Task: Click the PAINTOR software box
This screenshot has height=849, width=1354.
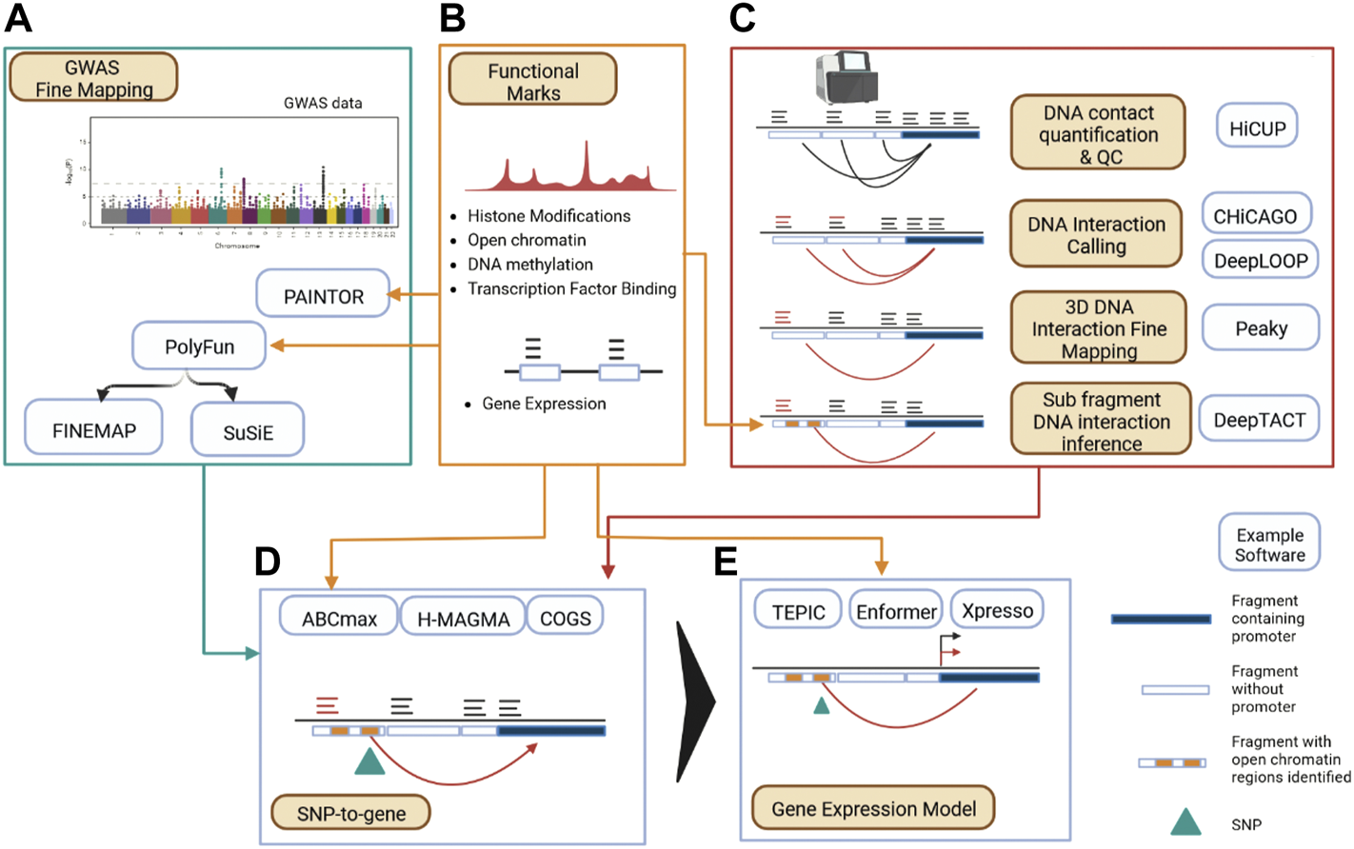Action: point(323,295)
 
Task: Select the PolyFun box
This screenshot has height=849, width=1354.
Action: point(199,346)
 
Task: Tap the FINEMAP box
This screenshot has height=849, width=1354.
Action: point(93,430)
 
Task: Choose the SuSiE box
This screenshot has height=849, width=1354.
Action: point(248,432)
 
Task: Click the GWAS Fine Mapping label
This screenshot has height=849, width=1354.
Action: point(93,78)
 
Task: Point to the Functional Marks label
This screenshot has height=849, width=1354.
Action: point(533,81)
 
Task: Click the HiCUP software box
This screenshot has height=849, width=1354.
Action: point(1257,128)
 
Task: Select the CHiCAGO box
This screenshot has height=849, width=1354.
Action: point(1255,216)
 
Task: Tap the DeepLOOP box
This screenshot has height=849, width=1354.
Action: point(1261,260)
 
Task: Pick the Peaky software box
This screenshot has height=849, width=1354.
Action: point(1261,328)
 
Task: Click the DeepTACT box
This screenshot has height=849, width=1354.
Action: point(1259,420)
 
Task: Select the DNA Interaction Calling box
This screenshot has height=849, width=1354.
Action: point(1096,234)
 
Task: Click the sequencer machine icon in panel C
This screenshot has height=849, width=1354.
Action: point(845,78)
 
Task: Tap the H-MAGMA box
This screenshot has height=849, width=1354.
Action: point(463,619)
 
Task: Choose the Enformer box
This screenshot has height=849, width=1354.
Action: point(895,611)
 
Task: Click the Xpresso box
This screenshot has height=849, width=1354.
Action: point(997,610)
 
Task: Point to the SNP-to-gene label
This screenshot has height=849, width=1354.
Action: point(350,813)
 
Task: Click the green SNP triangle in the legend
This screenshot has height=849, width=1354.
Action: point(1185,822)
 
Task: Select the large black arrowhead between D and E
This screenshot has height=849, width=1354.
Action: point(697,702)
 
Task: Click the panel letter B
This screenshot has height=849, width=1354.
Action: point(453,19)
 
